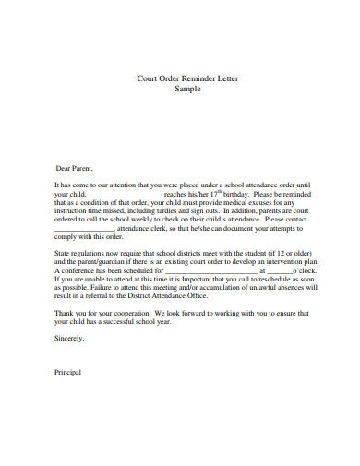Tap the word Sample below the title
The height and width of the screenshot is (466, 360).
pos(187,89)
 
